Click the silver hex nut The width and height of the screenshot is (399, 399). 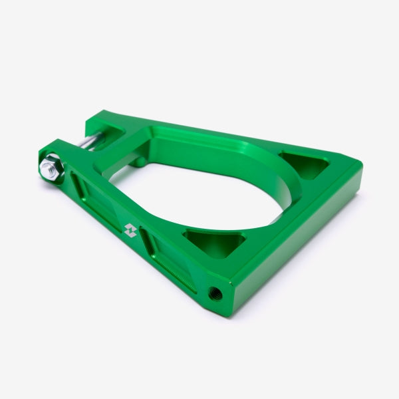(x=51, y=168)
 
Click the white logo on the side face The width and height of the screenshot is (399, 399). (x=130, y=230)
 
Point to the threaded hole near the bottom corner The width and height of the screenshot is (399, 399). (x=215, y=292)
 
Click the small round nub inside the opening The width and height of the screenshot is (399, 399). (x=138, y=162)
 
